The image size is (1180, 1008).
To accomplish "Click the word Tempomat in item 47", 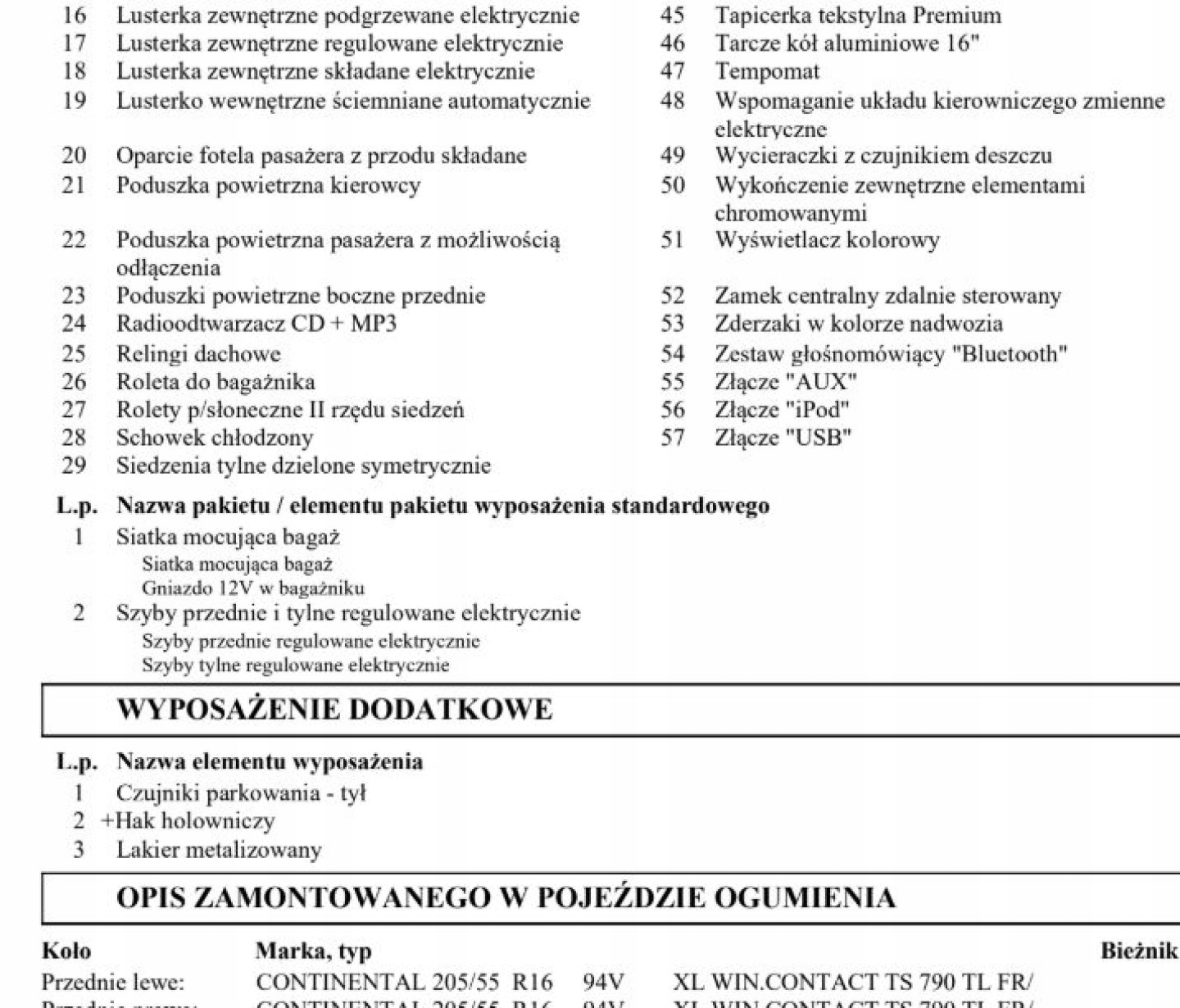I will pyautogui.click(x=766, y=72).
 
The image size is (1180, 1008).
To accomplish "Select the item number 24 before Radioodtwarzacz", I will pyautogui.click(x=74, y=324).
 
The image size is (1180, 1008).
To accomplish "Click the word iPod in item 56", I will pyautogui.click(x=817, y=410).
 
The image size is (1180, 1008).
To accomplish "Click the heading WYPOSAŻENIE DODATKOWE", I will pyautogui.click(x=334, y=710).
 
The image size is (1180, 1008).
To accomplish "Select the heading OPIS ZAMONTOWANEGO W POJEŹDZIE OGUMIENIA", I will pyautogui.click(x=506, y=898).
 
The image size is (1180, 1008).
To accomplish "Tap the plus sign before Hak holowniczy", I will pyautogui.click(x=107, y=821).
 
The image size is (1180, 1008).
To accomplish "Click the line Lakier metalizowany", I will pyautogui.click(x=218, y=850).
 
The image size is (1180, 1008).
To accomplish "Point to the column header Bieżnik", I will pyautogui.click(x=1139, y=951).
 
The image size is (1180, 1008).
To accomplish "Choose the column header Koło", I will pyautogui.click(x=66, y=951).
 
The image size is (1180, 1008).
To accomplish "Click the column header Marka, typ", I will pyautogui.click(x=313, y=951).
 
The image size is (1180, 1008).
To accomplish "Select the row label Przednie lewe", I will pyautogui.click(x=113, y=982).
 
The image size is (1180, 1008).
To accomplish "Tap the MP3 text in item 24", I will pyautogui.click(x=373, y=324).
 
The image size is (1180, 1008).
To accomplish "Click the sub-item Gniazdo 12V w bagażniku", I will pyautogui.click(x=252, y=588).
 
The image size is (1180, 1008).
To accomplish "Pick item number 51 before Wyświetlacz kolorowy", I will pyautogui.click(x=672, y=240).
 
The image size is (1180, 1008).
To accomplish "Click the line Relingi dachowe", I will pyautogui.click(x=197, y=354).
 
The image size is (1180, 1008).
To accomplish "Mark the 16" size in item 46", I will pyautogui.click(x=962, y=43).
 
